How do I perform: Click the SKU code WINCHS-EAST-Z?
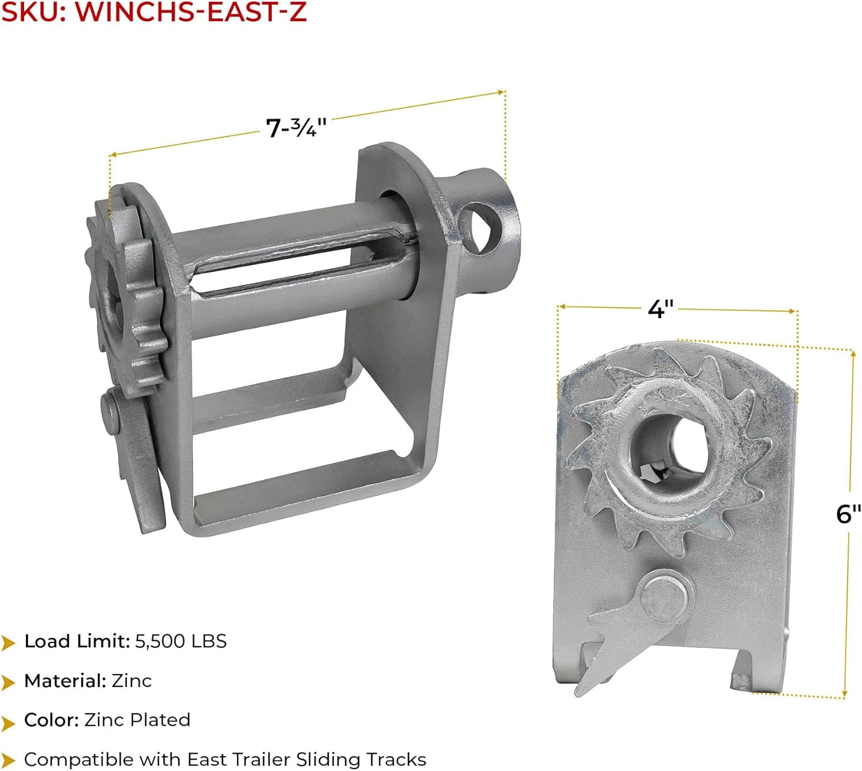coord(191,12)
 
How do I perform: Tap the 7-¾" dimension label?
coord(296,127)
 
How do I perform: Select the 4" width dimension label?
coord(661,309)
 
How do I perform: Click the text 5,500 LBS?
coord(181,641)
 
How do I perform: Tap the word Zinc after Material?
coord(132,680)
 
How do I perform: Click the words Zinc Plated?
coord(137,719)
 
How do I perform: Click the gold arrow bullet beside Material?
coord(8,681)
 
